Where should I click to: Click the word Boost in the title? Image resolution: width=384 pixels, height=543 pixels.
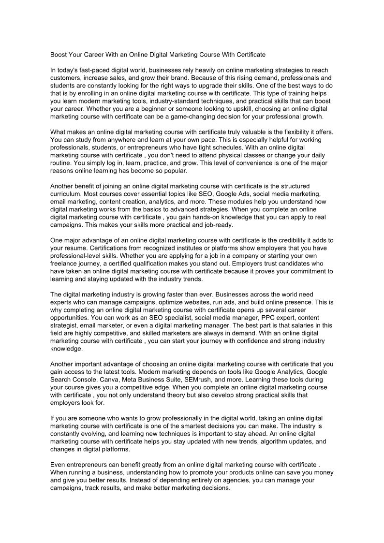coord(59,55)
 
